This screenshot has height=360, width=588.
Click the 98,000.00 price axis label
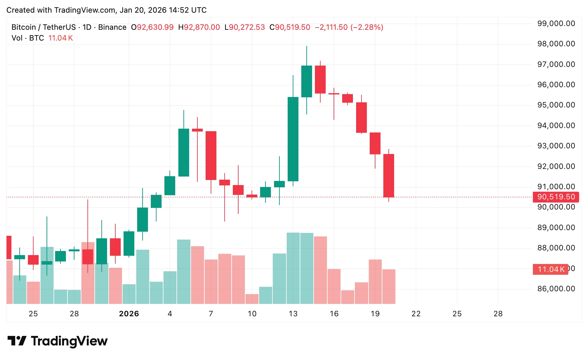coord(556,44)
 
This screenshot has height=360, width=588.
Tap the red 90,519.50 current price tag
coord(556,197)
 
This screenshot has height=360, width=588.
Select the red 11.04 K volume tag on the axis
coord(551,269)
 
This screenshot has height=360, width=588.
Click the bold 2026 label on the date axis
coord(129,314)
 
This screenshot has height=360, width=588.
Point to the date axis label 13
coord(293,314)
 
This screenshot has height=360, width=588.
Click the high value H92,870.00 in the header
coord(199,27)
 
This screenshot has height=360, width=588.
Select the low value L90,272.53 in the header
coord(245,27)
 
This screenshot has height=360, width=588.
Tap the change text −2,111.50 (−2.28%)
coord(349,27)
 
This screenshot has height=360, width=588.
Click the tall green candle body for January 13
coord(293,139)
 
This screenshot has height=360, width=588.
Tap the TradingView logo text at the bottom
coord(69,341)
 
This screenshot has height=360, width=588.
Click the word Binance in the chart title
coord(112,27)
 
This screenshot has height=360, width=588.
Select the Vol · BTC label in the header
coord(28,38)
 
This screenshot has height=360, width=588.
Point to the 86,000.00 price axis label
coord(556,289)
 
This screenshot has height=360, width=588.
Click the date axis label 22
coord(416,314)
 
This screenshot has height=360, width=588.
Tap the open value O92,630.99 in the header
coord(152,27)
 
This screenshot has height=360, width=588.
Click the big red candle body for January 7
coord(211,155)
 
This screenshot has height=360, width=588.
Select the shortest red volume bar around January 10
coord(252,299)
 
